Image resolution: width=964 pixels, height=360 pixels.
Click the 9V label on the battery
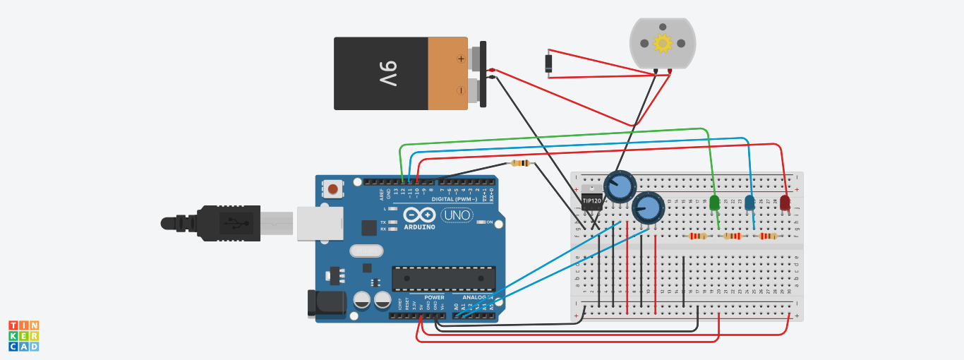point(389,73)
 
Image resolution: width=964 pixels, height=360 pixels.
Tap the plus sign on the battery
point(461,59)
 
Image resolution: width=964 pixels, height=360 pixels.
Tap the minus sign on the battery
point(461,90)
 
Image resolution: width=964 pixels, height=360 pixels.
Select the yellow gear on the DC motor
point(662,43)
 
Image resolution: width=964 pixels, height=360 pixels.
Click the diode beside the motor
point(548,64)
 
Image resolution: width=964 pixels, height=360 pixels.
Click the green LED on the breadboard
point(714,203)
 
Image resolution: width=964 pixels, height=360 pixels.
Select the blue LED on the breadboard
point(749,203)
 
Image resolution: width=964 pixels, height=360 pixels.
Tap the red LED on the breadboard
point(785,203)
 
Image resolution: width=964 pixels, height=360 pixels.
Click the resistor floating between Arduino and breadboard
point(520,164)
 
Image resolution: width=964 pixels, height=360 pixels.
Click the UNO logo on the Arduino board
point(457,215)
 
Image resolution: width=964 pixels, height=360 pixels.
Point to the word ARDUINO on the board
point(419,227)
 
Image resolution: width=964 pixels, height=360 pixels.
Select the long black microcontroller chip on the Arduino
point(443,278)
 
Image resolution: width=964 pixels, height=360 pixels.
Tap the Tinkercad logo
point(23,336)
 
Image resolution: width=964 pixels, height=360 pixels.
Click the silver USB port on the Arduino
point(319,223)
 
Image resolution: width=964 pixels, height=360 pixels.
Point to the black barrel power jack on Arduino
point(327,302)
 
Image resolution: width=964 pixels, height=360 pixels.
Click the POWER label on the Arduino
point(434,297)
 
